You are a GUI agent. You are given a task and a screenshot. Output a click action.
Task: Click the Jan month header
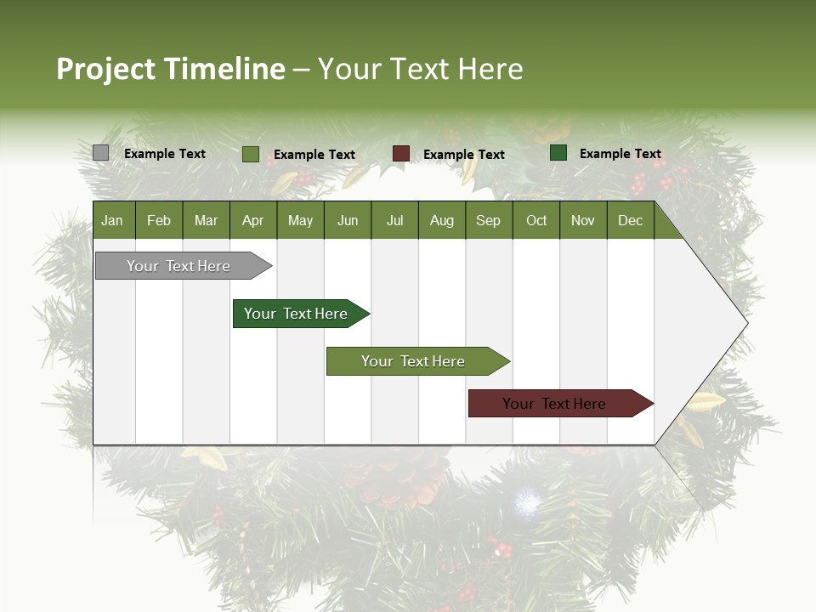(x=112, y=220)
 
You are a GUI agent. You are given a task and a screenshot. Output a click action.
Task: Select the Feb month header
(x=159, y=220)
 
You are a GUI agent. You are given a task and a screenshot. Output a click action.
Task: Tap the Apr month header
(x=252, y=220)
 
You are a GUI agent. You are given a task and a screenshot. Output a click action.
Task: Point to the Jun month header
(x=348, y=220)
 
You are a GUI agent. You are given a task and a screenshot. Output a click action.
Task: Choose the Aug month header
(x=441, y=220)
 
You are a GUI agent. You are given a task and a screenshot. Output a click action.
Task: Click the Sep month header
(x=488, y=220)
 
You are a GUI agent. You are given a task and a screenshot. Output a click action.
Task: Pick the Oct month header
(x=536, y=220)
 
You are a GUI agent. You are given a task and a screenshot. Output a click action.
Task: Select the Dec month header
(x=630, y=220)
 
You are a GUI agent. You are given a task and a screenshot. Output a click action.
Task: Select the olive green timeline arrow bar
(x=414, y=361)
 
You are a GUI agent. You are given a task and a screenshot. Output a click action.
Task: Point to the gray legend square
(x=100, y=153)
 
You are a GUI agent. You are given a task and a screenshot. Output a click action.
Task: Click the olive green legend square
(x=251, y=154)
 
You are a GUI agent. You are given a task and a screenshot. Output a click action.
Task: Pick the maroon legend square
(x=401, y=154)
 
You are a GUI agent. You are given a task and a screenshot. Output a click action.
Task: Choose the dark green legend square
(x=558, y=153)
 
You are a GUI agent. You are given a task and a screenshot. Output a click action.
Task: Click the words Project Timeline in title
(x=171, y=69)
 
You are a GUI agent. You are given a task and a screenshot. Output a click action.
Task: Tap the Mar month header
(x=206, y=220)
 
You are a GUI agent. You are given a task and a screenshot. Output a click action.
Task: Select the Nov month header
(x=583, y=220)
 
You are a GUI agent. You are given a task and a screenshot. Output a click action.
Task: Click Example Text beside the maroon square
(x=464, y=155)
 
